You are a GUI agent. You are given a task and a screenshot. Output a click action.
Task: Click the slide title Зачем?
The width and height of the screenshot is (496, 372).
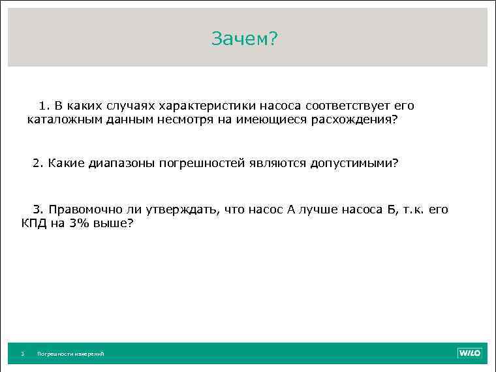[x=245, y=39]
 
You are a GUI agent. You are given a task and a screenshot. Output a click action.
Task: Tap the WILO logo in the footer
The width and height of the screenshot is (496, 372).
[x=469, y=353]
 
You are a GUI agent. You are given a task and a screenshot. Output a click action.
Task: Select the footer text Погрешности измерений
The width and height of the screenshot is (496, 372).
[x=70, y=354]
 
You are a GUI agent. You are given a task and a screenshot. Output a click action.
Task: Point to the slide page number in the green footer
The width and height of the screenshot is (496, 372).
[x=22, y=354]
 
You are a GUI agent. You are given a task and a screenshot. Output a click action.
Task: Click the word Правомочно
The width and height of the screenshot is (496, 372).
[x=82, y=209]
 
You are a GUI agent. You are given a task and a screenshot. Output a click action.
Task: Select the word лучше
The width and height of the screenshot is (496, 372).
[x=321, y=209]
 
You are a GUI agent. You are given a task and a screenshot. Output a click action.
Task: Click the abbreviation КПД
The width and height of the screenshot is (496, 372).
[x=33, y=223]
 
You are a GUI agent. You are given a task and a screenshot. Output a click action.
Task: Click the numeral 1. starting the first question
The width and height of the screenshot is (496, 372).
[x=44, y=106]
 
